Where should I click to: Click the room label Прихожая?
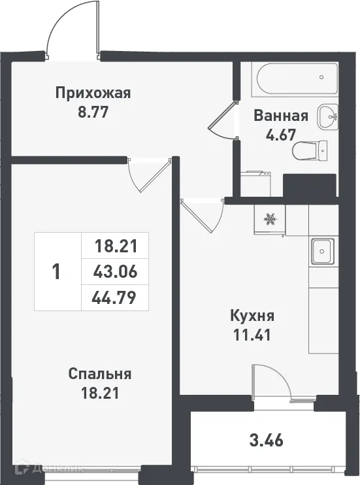click(93, 93)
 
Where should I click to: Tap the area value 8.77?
click(93, 111)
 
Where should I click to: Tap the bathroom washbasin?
click(327, 118)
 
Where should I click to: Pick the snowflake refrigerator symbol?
click(269, 220)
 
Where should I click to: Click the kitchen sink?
click(322, 250)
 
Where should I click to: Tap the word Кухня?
click(252, 316)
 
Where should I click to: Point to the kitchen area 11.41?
click(252, 335)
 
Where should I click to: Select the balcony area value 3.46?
click(267, 439)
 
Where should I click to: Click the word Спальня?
click(100, 374)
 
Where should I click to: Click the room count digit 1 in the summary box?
click(56, 271)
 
